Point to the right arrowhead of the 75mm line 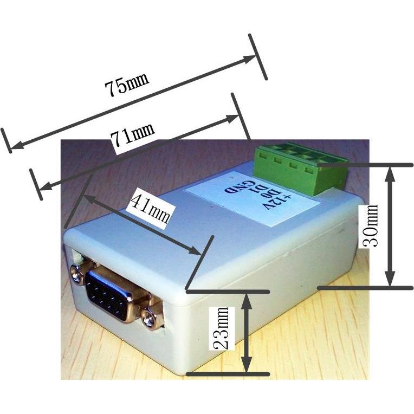click(x=249, y=59)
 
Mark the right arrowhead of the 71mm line click(x=232, y=119)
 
